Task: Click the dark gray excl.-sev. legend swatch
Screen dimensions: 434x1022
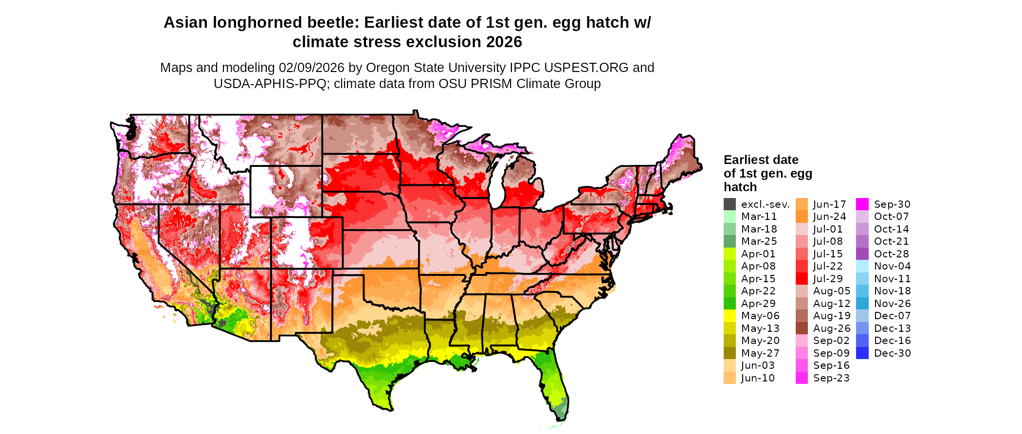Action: tap(730, 204)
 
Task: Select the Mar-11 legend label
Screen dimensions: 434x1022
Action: tap(759, 217)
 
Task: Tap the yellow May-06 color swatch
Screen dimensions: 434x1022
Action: tap(730, 316)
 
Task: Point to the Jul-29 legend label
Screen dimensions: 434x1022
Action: tap(827, 279)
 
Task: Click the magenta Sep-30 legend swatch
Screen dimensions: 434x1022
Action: tap(862, 204)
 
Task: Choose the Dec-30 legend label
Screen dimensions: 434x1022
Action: tap(892, 353)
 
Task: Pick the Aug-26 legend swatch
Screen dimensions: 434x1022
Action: tap(802, 328)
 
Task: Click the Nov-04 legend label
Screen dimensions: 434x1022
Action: tap(892, 266)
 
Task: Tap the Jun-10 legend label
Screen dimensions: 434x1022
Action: tap(758, 378)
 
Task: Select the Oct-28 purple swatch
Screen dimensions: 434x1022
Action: tap(862, 254)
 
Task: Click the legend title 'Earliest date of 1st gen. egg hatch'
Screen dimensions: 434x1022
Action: tap(767, 173)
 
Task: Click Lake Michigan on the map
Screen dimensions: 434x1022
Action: tap(496, 182)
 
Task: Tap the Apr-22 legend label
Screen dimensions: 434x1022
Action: tap(758, 291)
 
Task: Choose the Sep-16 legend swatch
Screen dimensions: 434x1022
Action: tap(802, 365)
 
